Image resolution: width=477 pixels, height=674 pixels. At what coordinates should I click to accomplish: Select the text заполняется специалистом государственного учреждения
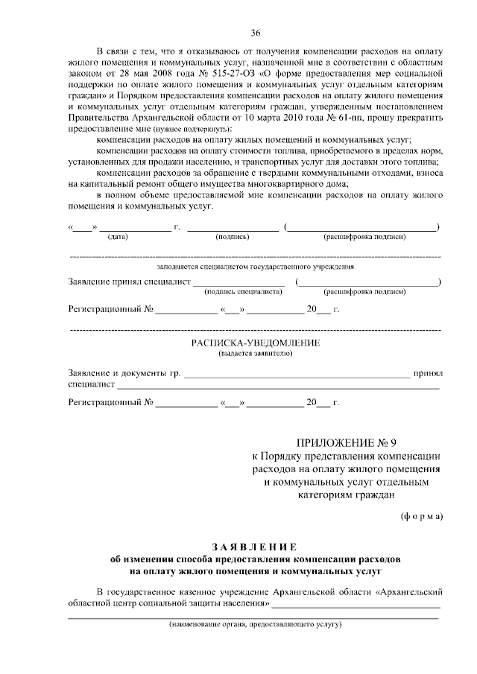(x=255, y=265)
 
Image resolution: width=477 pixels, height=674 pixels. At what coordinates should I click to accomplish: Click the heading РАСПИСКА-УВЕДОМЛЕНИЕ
(x=255, y=343)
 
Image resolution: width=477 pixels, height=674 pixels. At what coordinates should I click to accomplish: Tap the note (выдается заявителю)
(x=255, y=354)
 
